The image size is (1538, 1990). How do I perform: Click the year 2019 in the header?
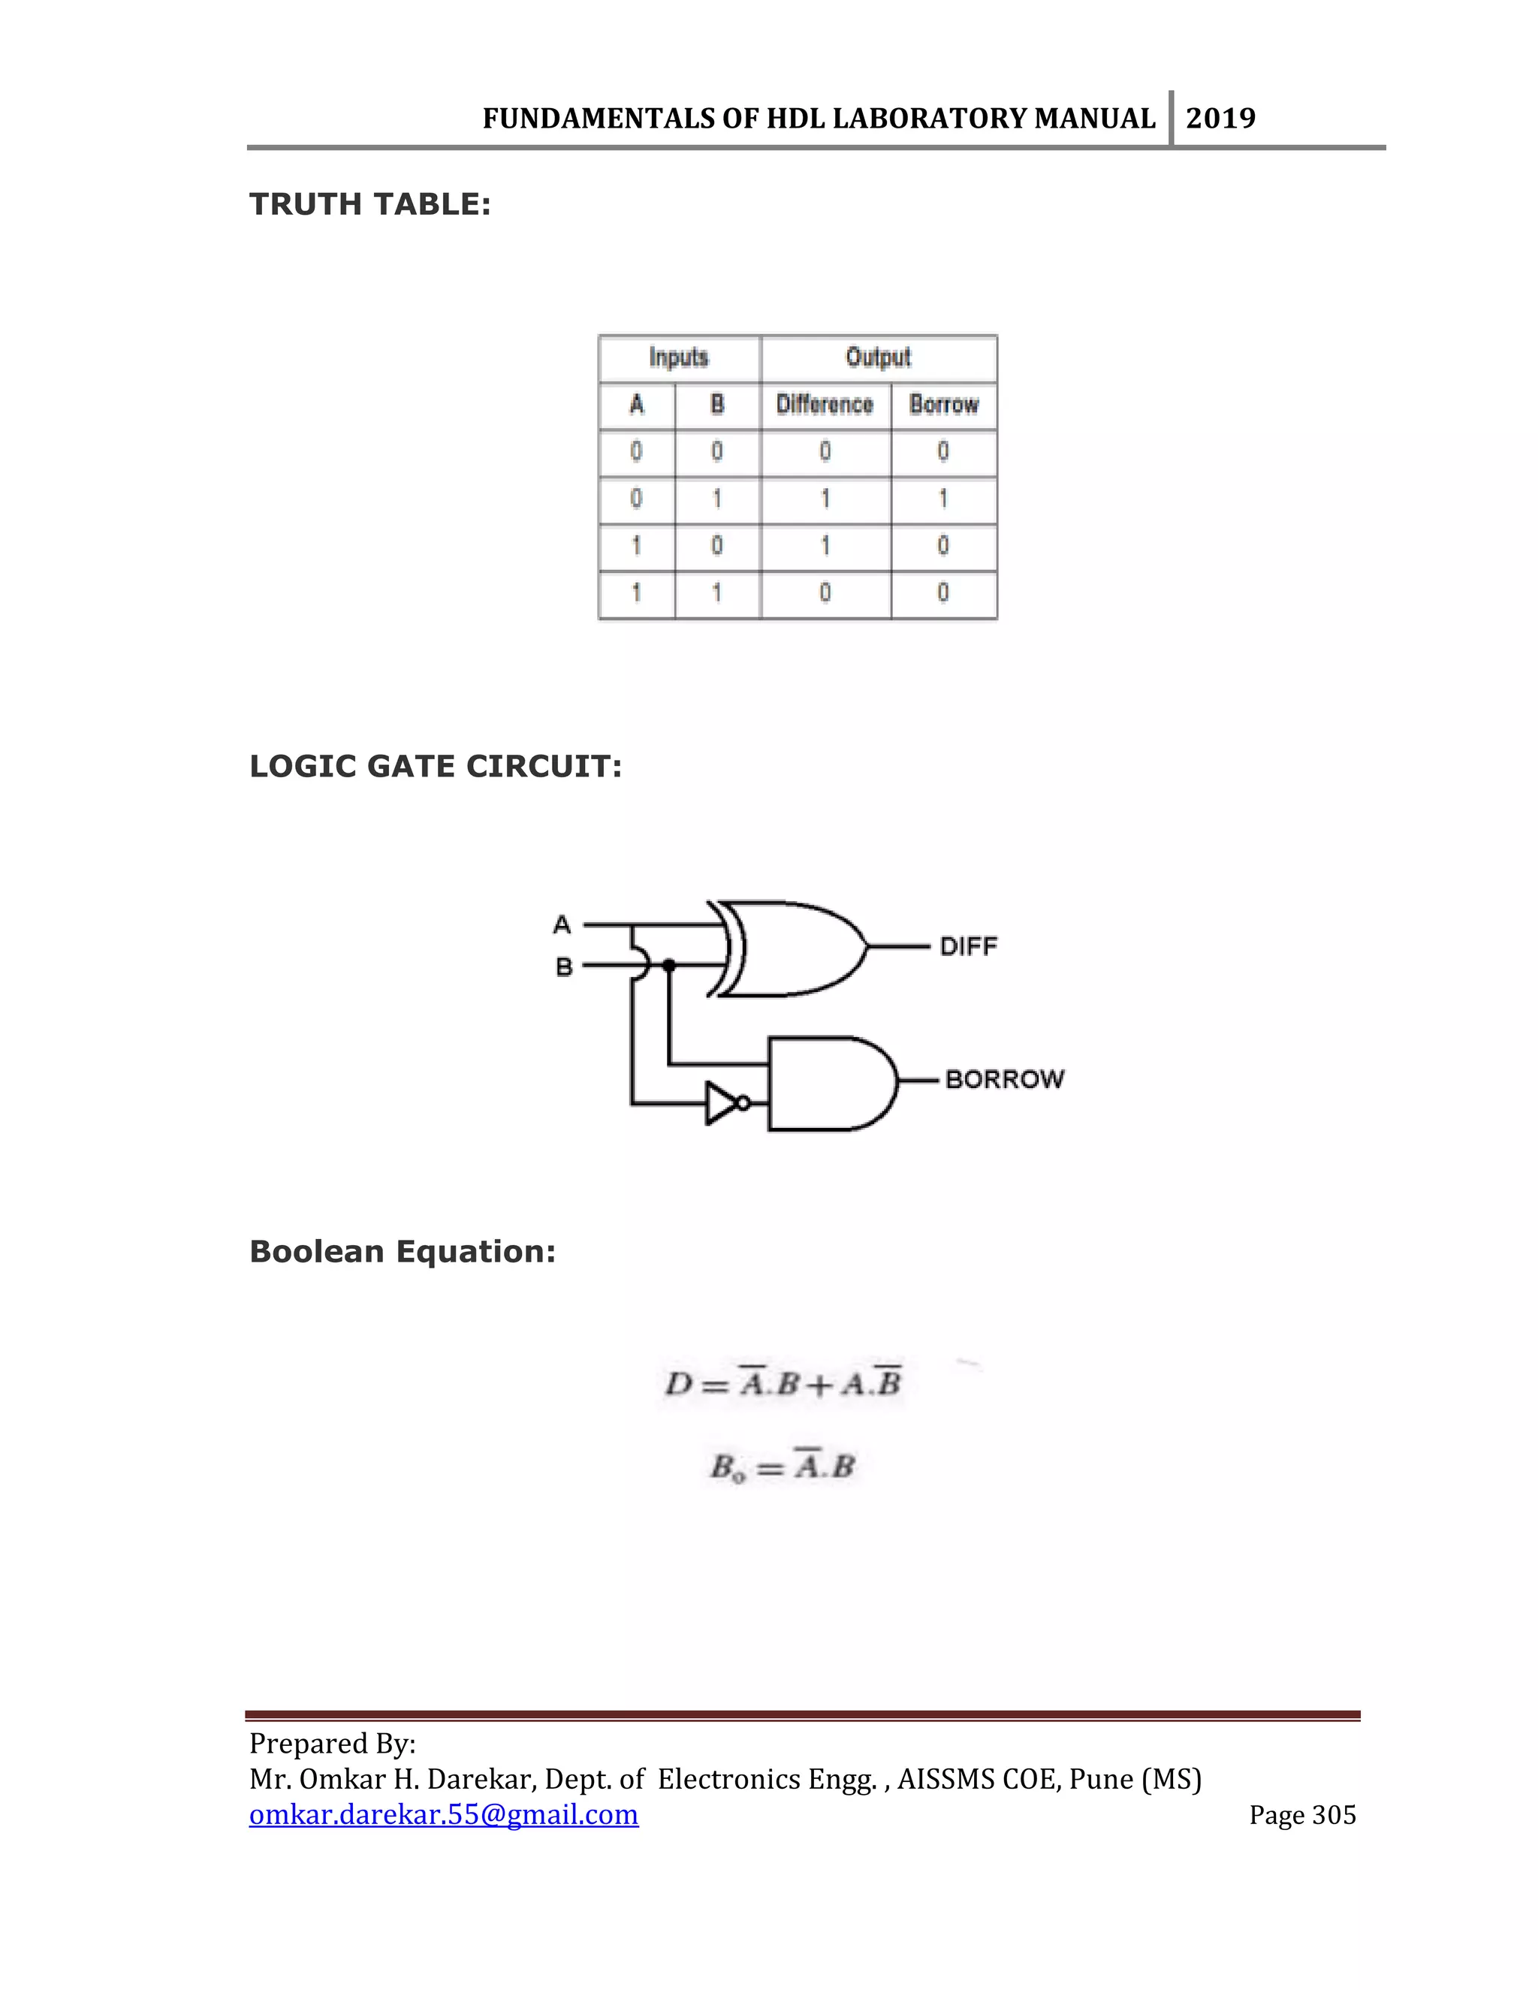(1220, 119)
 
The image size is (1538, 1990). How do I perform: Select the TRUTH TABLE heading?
(370, 204)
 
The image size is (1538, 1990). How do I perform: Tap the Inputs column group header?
(679, 357)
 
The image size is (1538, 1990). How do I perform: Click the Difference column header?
(825, 405)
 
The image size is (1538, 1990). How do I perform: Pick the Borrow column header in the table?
(944, 405)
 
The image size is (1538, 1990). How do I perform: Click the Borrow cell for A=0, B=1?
(943, 499)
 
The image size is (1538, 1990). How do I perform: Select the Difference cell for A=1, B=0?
(825, 546)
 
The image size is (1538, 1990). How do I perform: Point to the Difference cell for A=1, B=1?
(825, 593)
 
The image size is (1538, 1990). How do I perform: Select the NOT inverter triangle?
(722, 1102)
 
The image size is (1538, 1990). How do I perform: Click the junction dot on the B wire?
(669, 965)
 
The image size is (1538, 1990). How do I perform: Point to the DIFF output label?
(969, 947)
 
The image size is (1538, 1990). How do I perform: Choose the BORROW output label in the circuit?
(1004, 1080)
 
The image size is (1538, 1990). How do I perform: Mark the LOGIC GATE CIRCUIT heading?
(436, 766)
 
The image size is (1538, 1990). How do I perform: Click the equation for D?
(783, 1384)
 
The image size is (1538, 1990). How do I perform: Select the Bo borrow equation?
(783, 1467)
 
